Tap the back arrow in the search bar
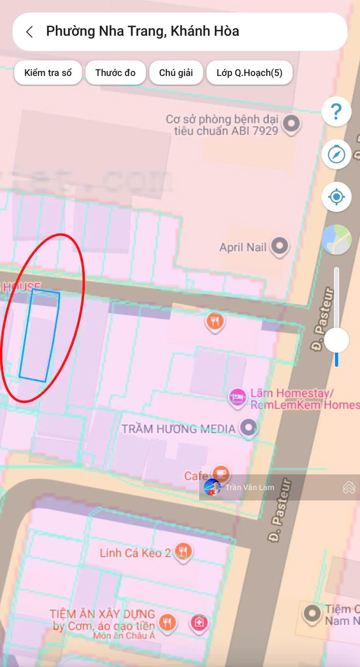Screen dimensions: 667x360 click(29, 32)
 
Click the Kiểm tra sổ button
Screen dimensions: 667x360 click(48, 73)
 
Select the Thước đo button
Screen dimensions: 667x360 click(115, 73)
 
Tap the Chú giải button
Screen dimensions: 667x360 click(176, 73)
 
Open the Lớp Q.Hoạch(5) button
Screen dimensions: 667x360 click(249, 73)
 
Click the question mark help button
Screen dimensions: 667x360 click(336, 111)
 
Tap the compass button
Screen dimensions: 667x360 click(336, 154)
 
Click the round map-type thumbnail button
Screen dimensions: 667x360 click(336, 240)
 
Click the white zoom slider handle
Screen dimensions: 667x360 click(336, 340)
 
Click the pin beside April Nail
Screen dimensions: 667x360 click(279, 246)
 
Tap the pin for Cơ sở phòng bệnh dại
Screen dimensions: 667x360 click(291, 123)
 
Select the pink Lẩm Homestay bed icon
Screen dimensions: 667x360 click(237, 397)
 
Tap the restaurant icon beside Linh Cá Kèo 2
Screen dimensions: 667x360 click(183, 551)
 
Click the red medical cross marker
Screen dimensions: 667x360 click(199, 622)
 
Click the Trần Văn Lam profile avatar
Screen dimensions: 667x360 click(212, 487)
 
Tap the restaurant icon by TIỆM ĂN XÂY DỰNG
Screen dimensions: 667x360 click(167, 622)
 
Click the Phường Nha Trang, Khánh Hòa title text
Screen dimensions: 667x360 click(142, 31)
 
